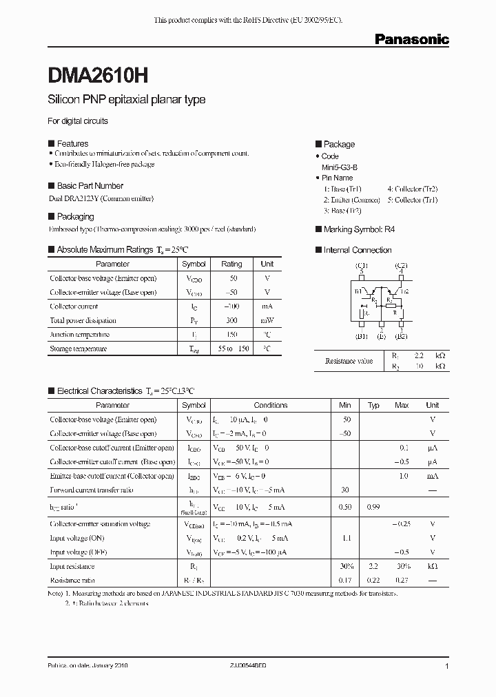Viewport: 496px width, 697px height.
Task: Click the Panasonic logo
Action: tap(411, 40)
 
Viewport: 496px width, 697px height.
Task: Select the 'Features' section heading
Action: tap(72, 143)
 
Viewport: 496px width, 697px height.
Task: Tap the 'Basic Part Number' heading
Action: tap(90, 186)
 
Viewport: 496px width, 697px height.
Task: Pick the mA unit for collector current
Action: tap(267, 306)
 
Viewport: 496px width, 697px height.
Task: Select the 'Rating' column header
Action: tap(231, 264)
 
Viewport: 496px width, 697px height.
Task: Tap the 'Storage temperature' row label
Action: tap(78, 348)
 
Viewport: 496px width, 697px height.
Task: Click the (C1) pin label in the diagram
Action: tap(361, 265)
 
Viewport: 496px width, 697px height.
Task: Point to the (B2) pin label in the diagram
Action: tap(401, 337)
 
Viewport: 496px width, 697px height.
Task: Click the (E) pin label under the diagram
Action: tap(380, 337)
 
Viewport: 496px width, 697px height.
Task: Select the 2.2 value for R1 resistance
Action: tap(419, 355)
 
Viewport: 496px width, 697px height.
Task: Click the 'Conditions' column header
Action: tap(270, 405)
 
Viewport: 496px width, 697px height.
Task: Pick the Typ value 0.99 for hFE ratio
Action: tap(373, 507)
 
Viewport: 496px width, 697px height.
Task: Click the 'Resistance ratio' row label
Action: tap(73, 580)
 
